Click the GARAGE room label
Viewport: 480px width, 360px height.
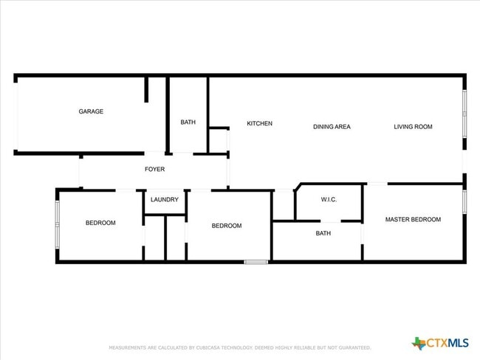[x=91, y=112]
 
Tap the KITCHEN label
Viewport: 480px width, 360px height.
[x=259, y=123]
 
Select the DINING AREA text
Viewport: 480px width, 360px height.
[x=332, y=127]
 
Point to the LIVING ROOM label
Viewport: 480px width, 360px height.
[x=413, y=127]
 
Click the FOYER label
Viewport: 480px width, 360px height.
[x=154, y=170]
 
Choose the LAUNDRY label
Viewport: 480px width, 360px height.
[x=165, y=200]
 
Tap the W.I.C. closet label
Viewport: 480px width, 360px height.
[x=329, y=200]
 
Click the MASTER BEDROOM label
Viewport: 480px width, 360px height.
[x=413, y=219]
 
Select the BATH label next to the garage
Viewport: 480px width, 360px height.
[x=188, y=122]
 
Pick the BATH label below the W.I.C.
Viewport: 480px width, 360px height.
[x=323, y=234]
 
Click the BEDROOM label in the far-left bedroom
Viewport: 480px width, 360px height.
[x=100, y=223]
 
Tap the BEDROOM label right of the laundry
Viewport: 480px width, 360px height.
[x=227, y=226]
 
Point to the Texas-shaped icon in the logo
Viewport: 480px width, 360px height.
[x=419, y=343]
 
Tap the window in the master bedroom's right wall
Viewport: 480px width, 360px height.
[x=464, y=202]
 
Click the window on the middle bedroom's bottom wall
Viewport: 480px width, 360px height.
[x=256, y=261]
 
